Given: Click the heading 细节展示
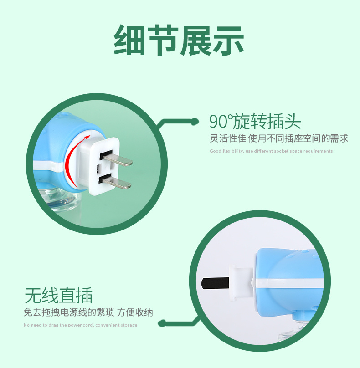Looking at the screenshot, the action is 179,40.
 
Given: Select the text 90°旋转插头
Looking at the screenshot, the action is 255,121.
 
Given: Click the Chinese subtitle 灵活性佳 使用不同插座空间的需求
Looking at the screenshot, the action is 279,138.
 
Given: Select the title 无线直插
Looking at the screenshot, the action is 58,296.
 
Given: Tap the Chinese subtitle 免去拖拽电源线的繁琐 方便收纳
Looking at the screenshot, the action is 88,312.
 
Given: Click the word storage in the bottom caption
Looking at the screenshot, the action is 129,325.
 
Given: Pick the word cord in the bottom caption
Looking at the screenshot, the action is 89,325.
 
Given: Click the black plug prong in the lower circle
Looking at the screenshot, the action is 215,283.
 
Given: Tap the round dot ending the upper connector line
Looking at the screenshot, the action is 195,122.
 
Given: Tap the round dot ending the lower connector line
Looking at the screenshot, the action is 162,323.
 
